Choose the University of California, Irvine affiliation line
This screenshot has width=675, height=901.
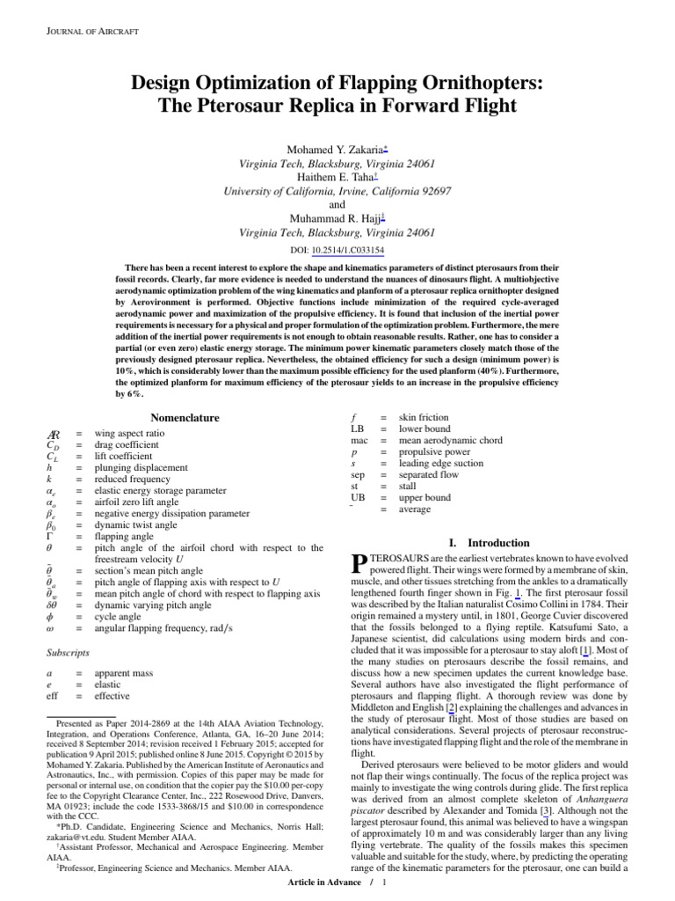tap(337, 192)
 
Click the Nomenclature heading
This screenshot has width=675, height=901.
tap(185, 417)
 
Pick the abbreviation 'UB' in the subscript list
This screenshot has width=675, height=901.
tap(358, 497)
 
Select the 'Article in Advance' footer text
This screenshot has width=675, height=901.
tap(329, 883)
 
